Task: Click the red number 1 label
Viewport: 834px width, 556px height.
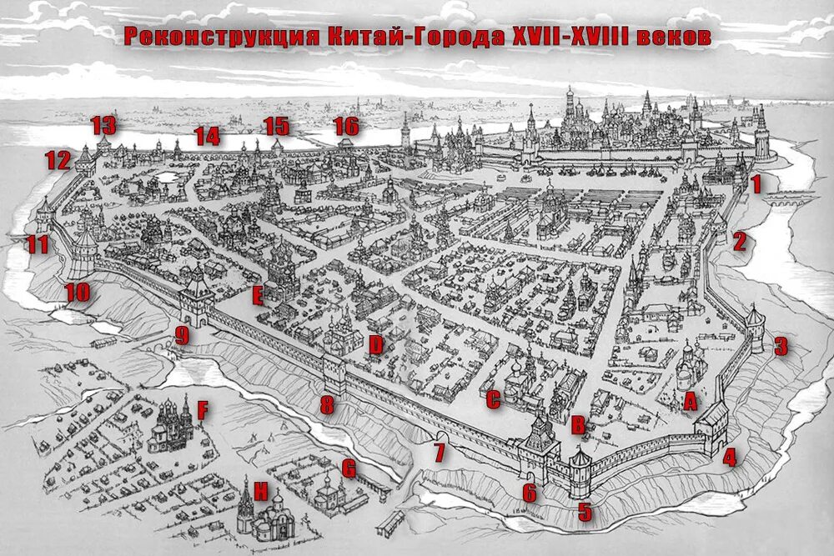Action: [756, 185]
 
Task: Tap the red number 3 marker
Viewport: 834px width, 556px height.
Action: [781, 346]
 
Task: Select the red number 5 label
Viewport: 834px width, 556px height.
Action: [585, 512]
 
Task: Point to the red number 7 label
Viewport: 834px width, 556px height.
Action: [439, 453]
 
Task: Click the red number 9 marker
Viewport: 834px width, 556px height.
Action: [182, 336]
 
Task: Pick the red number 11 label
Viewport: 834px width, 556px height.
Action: [37, 244]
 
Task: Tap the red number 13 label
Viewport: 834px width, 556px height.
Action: [103, 126]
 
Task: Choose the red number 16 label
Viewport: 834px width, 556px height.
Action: [346, 127]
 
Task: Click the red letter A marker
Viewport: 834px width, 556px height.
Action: [690, 402]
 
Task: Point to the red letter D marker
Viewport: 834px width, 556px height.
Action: [376, 345]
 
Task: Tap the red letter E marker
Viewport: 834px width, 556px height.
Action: [258, 295]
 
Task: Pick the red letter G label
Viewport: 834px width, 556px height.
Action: [349, 468]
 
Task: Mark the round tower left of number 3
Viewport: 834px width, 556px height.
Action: [755, 328]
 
